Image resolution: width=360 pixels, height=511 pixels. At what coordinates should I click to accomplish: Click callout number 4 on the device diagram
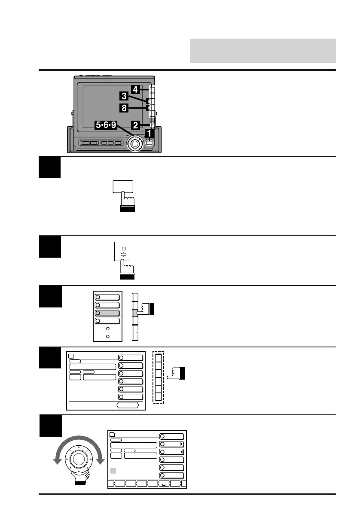[x=135, y=90]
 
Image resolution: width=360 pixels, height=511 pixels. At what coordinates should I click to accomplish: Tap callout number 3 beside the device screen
[x=124, y=97]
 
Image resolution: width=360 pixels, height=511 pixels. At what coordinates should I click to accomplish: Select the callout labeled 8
[x=124, y=108]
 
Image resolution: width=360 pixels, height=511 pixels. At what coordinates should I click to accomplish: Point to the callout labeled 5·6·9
[x=106, y=125]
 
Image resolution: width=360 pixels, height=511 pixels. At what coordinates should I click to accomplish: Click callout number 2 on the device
[x=135, y=125]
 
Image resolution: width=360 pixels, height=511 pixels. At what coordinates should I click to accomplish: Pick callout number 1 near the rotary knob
[x=149, y=134]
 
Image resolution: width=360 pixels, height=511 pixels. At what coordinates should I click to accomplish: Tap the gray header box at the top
[x=262, y=51]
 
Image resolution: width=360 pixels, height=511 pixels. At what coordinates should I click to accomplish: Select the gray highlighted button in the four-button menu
[x=108, y=313]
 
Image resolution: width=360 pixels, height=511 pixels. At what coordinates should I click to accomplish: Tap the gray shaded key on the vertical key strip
[x=135, y=313]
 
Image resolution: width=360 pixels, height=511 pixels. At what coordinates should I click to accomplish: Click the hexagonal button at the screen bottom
[x=128, y=405]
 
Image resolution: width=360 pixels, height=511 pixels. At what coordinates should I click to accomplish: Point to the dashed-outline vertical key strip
[x=159, y=377]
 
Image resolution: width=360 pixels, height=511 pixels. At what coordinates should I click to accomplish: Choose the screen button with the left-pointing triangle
[x=172, y=452]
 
